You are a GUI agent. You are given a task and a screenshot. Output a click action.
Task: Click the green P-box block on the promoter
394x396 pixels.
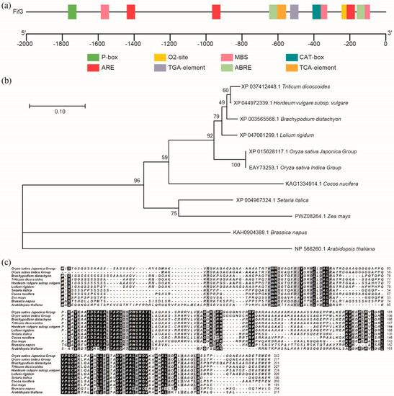(73, 12)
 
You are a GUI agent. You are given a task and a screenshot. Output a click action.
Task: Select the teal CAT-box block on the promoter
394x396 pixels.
(316, 12)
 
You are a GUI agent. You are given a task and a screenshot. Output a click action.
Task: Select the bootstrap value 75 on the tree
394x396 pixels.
(174, 212)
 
